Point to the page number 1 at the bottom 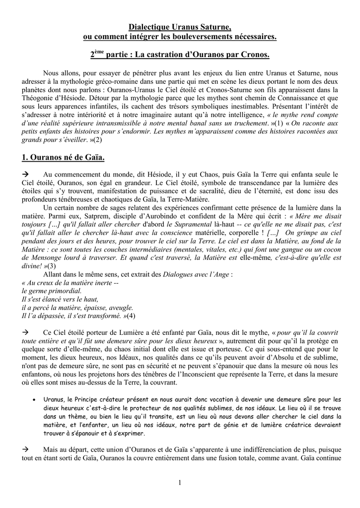[180, 483]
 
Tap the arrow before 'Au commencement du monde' [27, 175]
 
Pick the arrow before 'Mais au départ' [27, 448]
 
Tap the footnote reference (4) [131, 316]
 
